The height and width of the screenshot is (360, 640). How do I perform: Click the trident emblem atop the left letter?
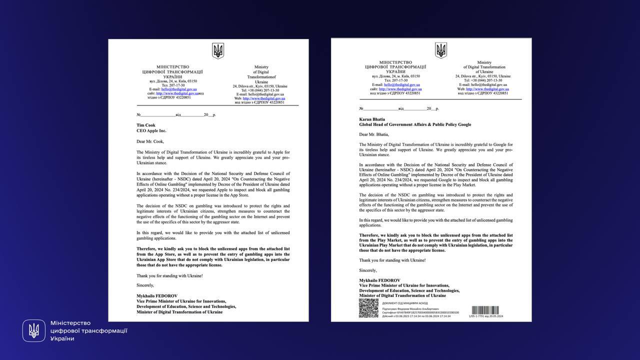click(218, 50)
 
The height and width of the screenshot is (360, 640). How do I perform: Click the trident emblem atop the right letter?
click(440, 50)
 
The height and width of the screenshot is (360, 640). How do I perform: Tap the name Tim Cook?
click(146, 125)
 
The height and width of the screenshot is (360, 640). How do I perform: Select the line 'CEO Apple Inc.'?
click(151, 131)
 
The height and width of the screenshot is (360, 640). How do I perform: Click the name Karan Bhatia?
click(372, 119)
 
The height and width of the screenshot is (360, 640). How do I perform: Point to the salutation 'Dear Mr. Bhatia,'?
click(374, 134)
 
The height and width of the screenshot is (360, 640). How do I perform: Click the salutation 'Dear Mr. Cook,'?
click(150, 141)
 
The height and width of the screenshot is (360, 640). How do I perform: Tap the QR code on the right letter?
click(368, 308)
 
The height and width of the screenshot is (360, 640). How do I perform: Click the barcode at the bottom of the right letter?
click(485, 310)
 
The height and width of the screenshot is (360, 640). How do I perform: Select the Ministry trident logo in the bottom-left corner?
click(34, 330)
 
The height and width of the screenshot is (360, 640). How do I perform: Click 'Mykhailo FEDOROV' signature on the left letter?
click(157, 296)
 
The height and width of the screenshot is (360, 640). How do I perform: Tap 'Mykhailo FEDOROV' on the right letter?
click(379, 280)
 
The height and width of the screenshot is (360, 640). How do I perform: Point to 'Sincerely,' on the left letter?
click(145, 285)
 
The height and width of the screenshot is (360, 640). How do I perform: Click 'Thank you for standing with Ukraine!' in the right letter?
click(392, 260)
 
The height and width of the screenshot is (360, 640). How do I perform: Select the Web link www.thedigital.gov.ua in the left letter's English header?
click(263, 98)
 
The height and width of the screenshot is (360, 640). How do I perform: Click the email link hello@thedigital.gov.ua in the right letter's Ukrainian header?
click(402, 85)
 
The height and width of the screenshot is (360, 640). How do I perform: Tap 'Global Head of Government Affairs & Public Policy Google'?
click(415, 124)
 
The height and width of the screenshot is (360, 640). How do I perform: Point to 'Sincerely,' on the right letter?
click(368, 270)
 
